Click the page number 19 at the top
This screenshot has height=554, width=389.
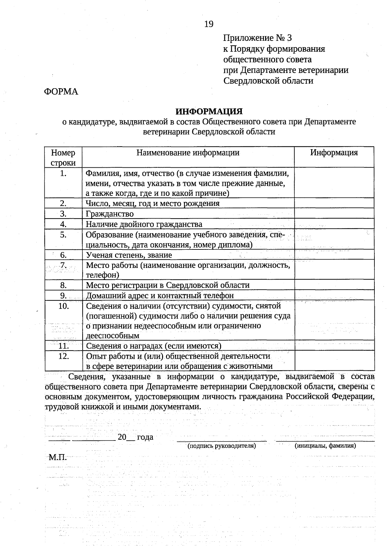pyautogui.click(x=209, y=24)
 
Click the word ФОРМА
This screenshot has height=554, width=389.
pyautogui.click(x=61, y=92)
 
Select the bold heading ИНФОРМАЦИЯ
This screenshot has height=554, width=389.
pyautogui.click(x=209, y=112)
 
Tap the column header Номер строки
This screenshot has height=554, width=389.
pyautogui.click(x=63, y=157)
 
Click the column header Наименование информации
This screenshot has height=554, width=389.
pyautogui.click(x=188, y=153)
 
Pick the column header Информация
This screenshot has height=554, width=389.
pyautogui.click(x=334, y=153)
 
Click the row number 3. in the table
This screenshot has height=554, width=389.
pyautogui.click(x=63, y=214)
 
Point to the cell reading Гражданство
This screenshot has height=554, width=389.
pyautogui.click(x=110, y=214)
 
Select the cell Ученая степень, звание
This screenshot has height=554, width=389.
pyautogui.click(x=129, y=255)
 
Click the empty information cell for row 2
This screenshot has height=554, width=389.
pyautogui.click(x=334, y=203)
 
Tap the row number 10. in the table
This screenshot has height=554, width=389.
pyautogui.click(x=63, y=306)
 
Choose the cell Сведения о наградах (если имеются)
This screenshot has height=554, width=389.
pyautogui.click(x=153, y=346)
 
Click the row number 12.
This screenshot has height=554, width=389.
pyautogui.click(x=63, y=356)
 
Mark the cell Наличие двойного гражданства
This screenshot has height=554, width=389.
pyautogui.click(x=144, y=224)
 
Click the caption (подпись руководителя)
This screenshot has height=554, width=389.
pyautogui.click(x=222, y=446)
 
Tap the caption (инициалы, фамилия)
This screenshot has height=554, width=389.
pyautogui.click(x=325, y=446)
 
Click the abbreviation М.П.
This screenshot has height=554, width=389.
pyautogui.click(x=57, y=458)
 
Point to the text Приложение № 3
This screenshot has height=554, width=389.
pyautogui.click(x=257, y=38)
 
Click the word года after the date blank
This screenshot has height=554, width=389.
pyautogui.click(x=145, y=437)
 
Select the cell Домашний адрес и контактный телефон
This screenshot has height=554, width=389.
pyautogui.click(x=159, y=295)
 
